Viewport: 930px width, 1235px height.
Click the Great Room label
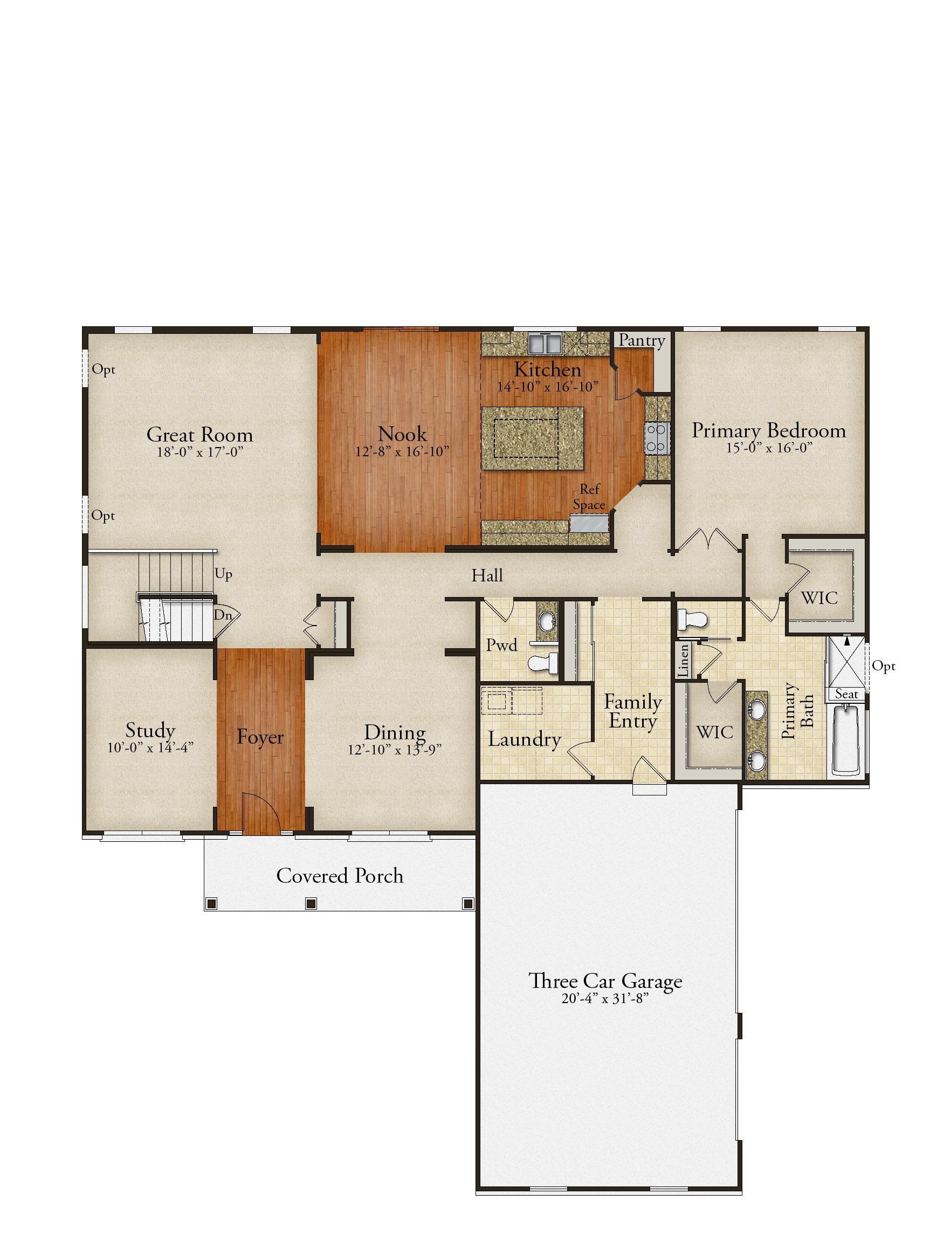pyautogui.click(x=199, y=434)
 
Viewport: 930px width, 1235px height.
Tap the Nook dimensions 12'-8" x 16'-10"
pyautogui.click(x=402, y=452)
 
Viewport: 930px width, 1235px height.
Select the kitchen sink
pyautogui.click(x=545, y=343)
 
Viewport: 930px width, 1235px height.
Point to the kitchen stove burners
pyautogui.click(x=657, y=438)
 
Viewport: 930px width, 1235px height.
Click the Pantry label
pyautogui.click(x=642, y=341)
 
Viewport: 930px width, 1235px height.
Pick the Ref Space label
pyautogui.click(x=589, y=496)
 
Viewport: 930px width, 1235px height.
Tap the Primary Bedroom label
pyautogui.click(x=769, y=430)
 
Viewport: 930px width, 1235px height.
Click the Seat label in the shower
pyautogui.click(x=846, y=694)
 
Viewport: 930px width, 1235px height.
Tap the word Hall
pyautogui.click(x=487, y=575)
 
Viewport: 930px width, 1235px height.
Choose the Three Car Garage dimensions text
pyautogui.click(x=605, y=998)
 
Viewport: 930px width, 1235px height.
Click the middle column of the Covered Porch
pyautogui.click(x=312, y=903)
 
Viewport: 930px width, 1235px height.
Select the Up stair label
pyautogui.click(x=223, y=574)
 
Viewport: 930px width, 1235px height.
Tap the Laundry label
pyautogui.click(x=524, y=739)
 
